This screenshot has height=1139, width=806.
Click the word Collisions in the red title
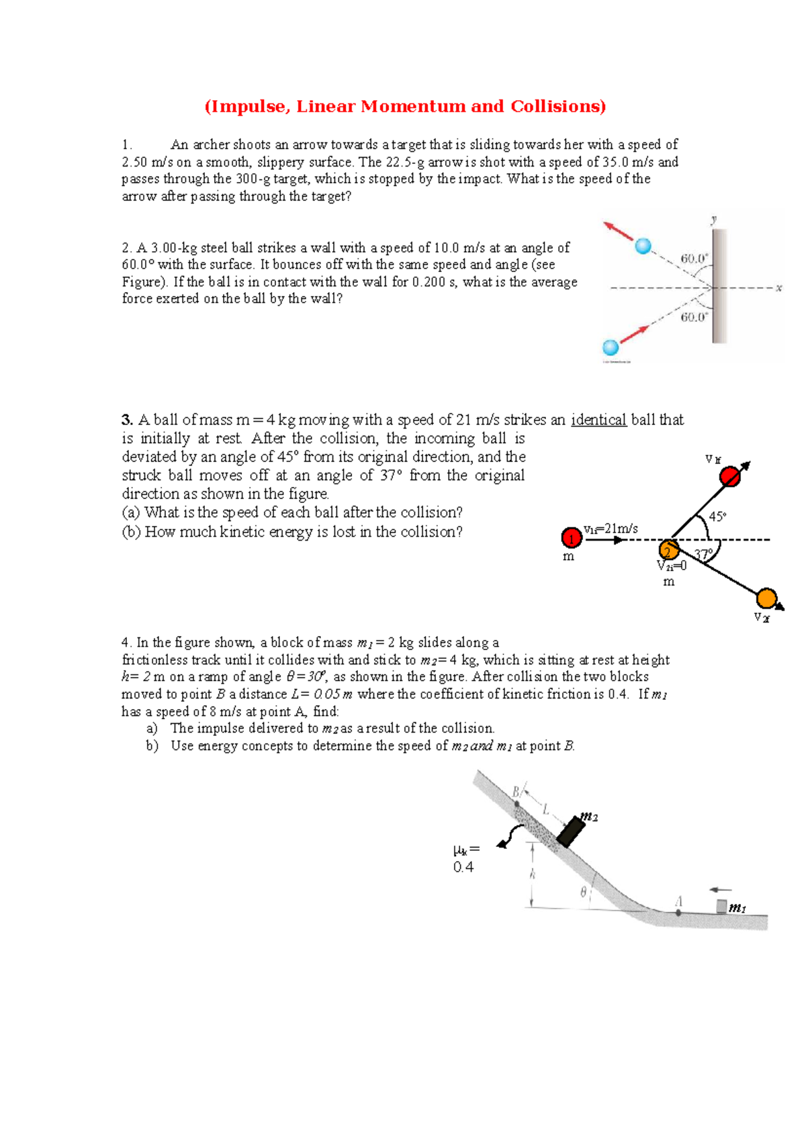[x=556, y=106]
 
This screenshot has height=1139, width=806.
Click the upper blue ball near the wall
[x=643, y=246]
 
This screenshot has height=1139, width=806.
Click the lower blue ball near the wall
[x=611, y=347]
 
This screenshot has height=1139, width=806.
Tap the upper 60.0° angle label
[x=695, y=259]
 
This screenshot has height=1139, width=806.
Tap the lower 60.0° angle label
[x=695, y=317]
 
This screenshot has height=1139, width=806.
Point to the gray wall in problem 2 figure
[x=719, y=285]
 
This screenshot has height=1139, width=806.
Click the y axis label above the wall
[x=714, y=219]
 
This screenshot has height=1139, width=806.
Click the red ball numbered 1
[x=571, y=538]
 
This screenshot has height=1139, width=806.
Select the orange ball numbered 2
[x=668, y=550]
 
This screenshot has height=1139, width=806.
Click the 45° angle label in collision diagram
[x=717, y=516]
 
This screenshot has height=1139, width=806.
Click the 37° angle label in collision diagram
[x=703, y=555]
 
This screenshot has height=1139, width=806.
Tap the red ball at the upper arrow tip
[x=730, y=476]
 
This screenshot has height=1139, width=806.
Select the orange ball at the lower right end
[x=766, y=598]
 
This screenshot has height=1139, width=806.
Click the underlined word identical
[x=598, y=420]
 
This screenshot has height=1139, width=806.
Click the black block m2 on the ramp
[x=572, y=831]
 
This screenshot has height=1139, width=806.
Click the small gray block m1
[x=721, y=906]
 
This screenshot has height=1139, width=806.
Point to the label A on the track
[x=679, y=901]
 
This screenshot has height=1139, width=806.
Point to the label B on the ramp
[x=517, y=792]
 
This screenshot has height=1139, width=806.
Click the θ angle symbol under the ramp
[x=583, y=892]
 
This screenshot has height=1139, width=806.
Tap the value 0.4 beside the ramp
[x=463, y=867]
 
